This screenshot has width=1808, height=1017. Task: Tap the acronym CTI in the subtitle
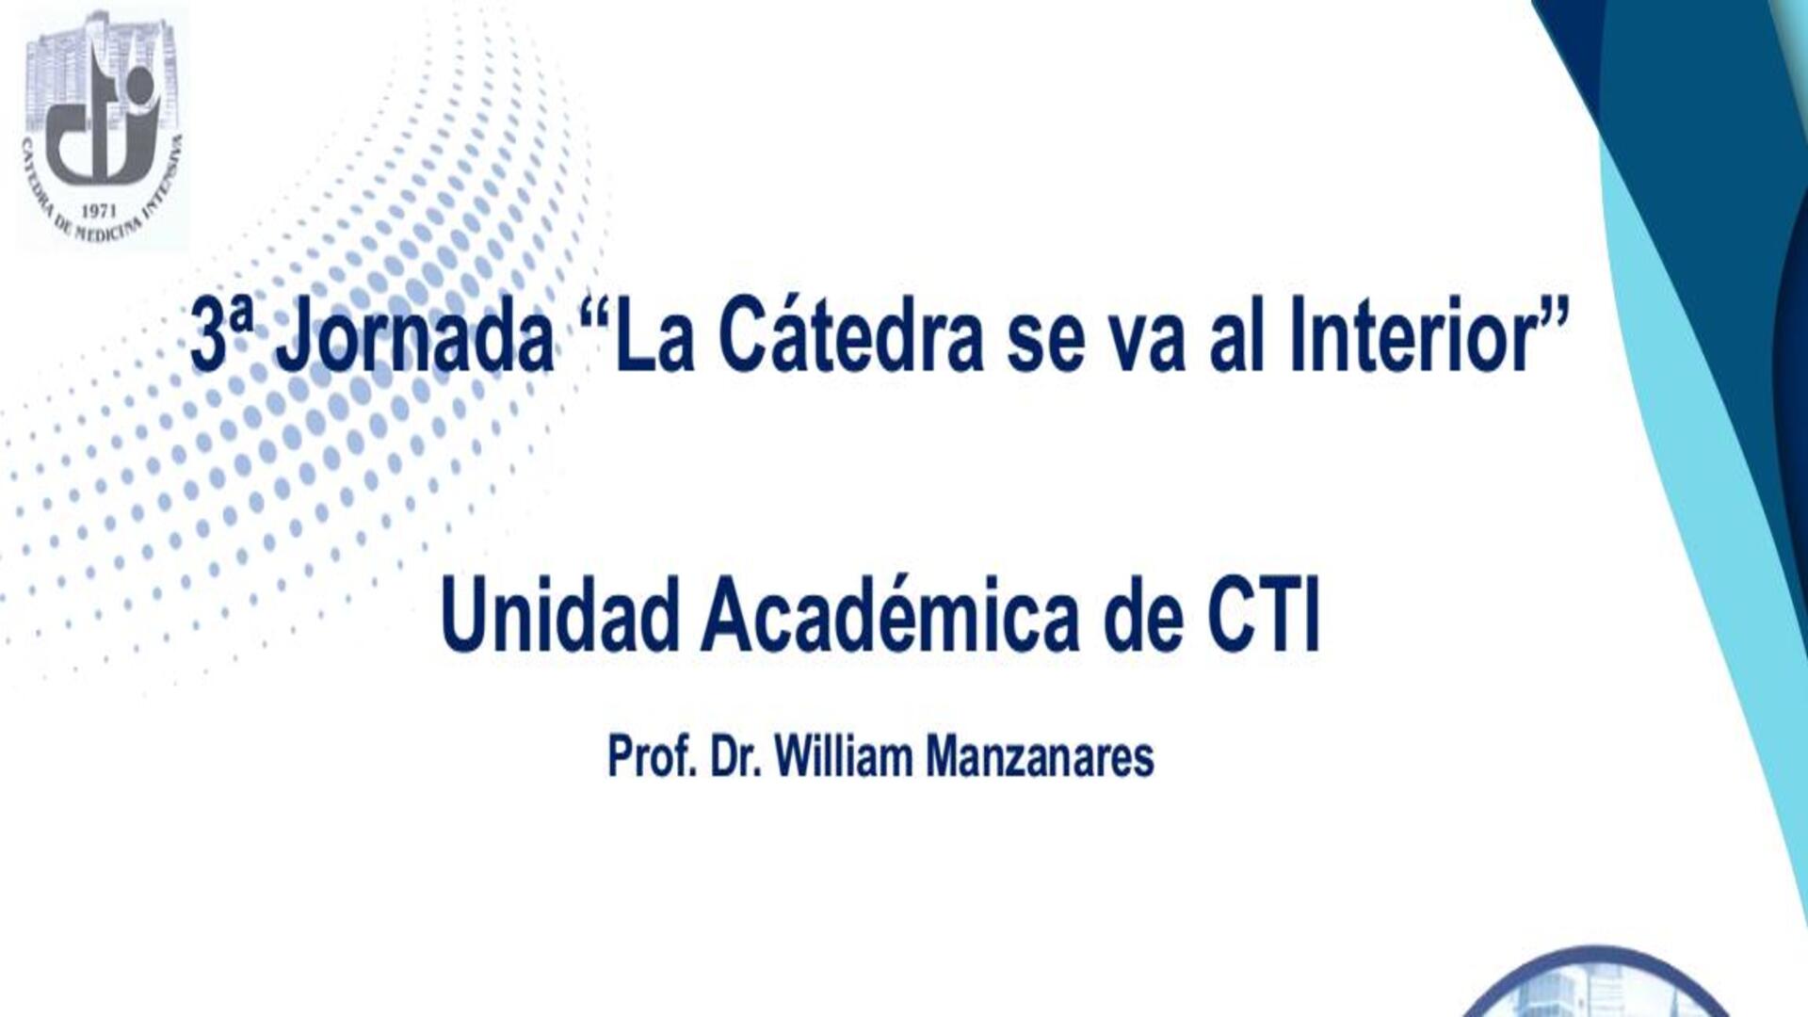[x=1264, y=614]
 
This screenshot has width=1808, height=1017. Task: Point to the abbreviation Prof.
[x=652, y=757]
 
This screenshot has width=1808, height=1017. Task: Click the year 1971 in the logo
[x=100, y=212]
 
